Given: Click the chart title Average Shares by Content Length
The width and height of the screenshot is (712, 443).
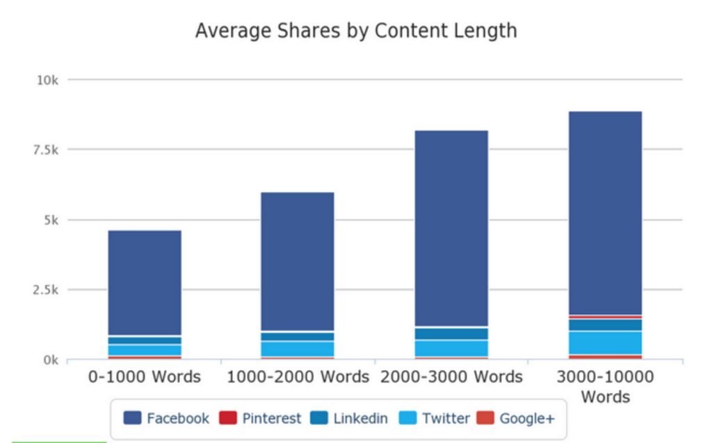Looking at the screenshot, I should [356, 31].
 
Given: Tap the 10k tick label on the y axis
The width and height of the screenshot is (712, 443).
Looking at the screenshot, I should [47, 80].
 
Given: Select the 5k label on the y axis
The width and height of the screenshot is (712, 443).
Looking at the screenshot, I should [50, 220].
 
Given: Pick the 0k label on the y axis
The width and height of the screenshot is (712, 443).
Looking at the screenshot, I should [50, 360].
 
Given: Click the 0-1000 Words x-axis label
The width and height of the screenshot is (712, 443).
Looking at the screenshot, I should [145, 377].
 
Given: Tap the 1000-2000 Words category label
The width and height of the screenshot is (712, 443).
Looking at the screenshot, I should [298, 377].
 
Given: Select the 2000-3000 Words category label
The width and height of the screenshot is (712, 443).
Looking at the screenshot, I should [451, 377].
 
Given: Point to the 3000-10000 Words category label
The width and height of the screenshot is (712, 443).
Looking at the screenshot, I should [605, 387].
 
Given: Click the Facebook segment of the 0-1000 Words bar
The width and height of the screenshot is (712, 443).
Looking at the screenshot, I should [145, 282].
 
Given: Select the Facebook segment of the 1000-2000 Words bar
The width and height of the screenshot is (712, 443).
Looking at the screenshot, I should [298, 261].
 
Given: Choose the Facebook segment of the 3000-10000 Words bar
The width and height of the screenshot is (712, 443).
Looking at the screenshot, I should [605, 212].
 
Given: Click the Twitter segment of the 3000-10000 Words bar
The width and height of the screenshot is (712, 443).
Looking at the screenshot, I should [605, 342].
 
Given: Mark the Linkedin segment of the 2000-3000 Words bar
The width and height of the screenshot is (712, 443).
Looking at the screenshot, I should [451, 334].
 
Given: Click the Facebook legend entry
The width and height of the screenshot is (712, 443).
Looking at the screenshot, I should [167, 418].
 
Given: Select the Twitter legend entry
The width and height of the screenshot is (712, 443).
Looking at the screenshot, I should [435, 418].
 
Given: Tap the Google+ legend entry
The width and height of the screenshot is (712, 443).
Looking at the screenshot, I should [516, 418].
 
